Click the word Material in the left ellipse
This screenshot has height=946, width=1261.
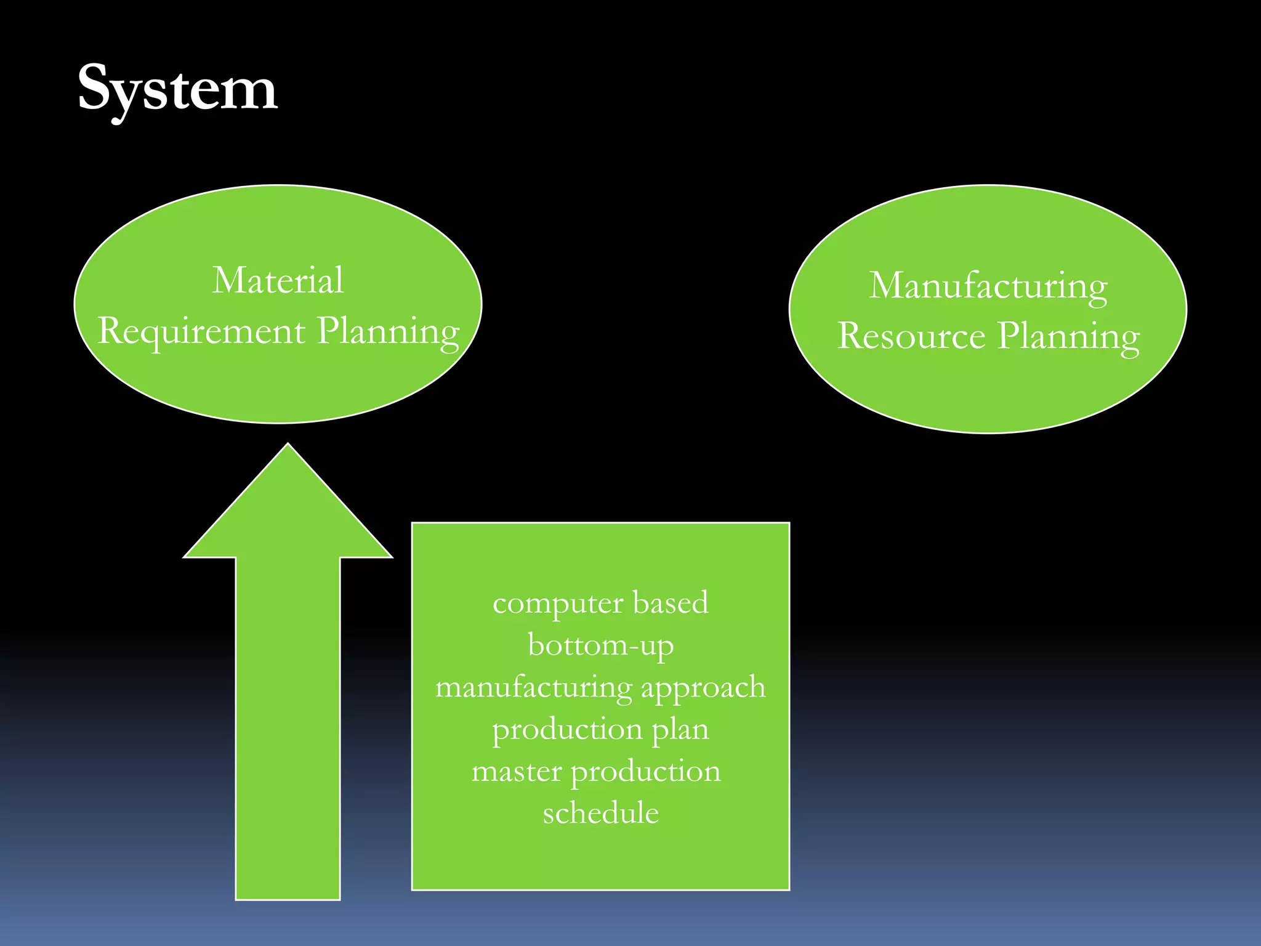pyautogui.click(x=278, y=281)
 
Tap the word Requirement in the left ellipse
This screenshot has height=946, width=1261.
pyautogui.click(x=201, y=331)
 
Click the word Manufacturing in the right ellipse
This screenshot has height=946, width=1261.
pyautogui.click(x=988, y=286)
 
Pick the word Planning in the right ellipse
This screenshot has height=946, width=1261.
pyautogui.click(x=1068, y=337)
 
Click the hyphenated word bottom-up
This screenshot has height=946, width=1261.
pyautogui.click(x=600, y=645)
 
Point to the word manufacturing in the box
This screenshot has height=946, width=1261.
pyautogui.click(x=533, y=688)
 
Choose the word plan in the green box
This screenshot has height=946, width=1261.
pyautogui.click(x=680, y=730)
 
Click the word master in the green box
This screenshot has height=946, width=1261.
pyautogui.click(x=517, y=772)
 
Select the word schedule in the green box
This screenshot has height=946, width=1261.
pyautogui.click(x=600, y=813)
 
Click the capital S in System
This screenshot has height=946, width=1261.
pyautogui.click(x=97, y=87)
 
